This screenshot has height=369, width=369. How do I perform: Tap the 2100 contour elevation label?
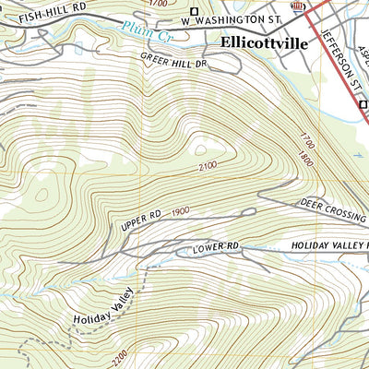coord(210,167)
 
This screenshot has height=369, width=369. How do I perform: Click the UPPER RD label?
coord(140,220)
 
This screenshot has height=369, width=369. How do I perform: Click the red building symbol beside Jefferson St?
coord(298,6)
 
